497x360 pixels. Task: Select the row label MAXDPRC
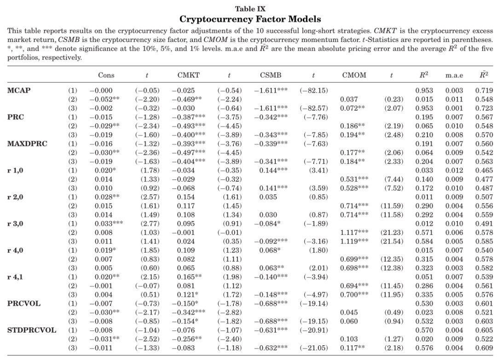[27, 143]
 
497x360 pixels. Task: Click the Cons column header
[106, 75]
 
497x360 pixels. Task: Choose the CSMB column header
[267, 75]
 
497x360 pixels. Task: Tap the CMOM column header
[354, 75]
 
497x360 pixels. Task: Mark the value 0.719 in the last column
[484, 90]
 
